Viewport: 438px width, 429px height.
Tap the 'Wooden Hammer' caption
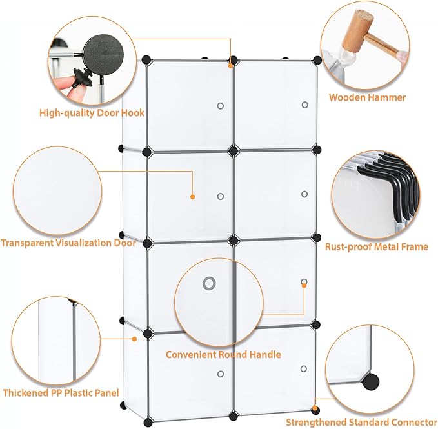(x=367, y=98)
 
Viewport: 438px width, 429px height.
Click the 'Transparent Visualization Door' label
(x=68, y=243)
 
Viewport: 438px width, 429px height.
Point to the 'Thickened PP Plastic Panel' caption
(x=61, y=392)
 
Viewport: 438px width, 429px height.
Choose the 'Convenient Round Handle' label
(x=223, y=355)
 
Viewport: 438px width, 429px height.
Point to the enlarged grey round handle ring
(x=208, y=283)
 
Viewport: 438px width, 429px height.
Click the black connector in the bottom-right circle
(x=370, y=381)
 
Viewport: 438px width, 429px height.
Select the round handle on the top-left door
(x=220, y=105)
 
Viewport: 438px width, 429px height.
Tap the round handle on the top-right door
(x=304, y=105)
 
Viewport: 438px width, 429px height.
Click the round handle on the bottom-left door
(x=220, y=374)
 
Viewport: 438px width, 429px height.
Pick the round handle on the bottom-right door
(x=304, y=370)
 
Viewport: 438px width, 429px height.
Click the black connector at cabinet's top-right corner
(x=317, y=60)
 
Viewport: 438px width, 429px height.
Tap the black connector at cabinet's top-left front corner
(x=146, y=60)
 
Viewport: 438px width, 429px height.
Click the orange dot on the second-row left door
(x=192, y=196)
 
